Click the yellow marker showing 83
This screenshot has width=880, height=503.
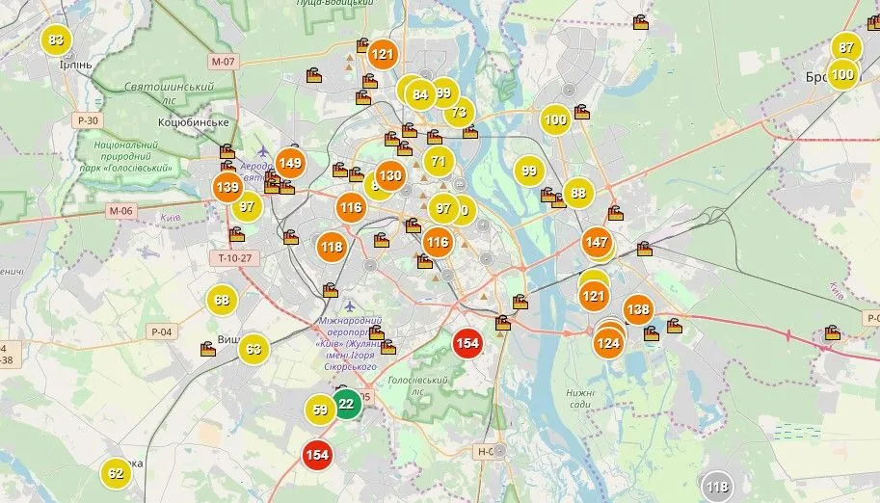[56, 40]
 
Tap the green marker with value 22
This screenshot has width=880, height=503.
[346, 405]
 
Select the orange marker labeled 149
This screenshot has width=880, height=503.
[290, 163]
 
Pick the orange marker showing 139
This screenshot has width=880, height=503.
[227, 187]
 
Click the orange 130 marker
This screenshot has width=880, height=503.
[389, 176]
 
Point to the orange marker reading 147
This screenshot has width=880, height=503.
[597, 242]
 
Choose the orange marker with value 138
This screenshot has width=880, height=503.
[637, 309]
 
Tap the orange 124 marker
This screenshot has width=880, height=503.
[608, 342]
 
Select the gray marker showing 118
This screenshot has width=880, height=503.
[717, 487]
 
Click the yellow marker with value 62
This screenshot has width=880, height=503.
[116, 473]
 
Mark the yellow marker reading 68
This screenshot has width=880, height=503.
[222, 300]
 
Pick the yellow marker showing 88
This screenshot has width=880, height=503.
[577, 193]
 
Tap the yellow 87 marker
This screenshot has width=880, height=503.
[846, 47]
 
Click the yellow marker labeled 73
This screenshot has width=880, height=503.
[459, 112]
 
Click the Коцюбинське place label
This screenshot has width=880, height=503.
[193, 122]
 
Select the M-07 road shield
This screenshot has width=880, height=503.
[222, 62]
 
